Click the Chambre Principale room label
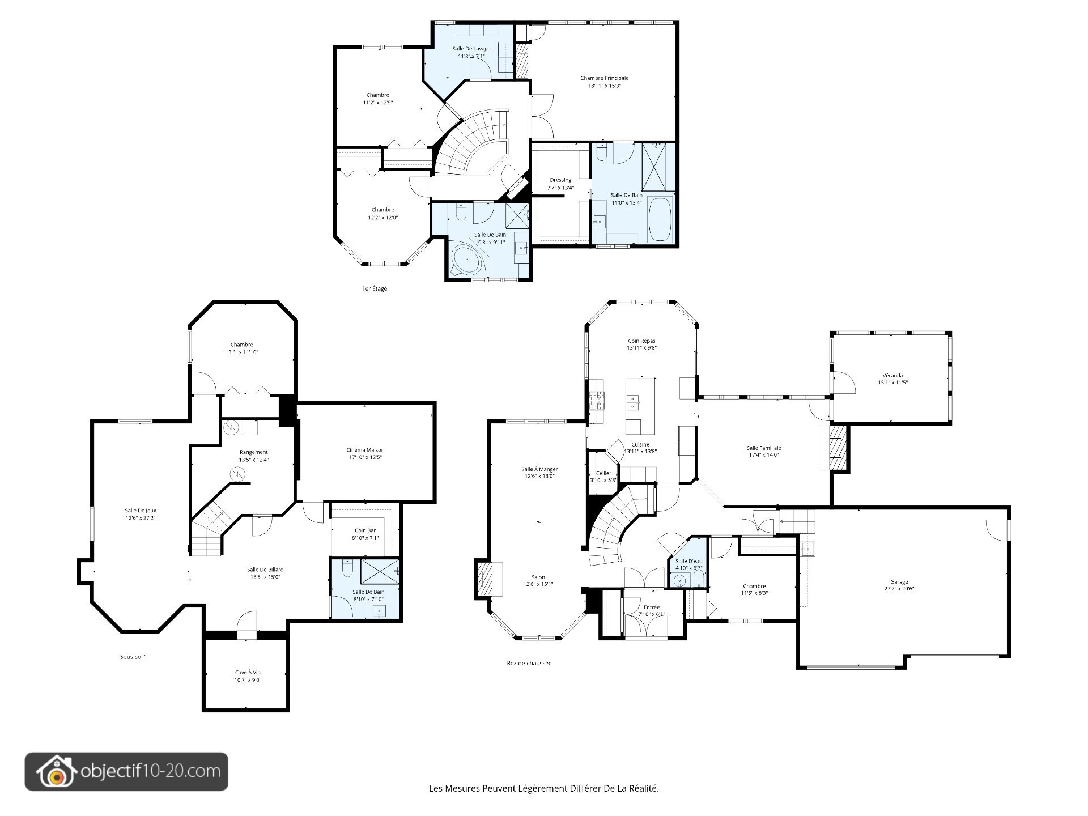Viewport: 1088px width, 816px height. coord(604,78)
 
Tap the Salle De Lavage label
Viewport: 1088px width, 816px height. coord(471,49)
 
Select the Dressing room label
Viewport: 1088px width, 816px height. coord(560,180)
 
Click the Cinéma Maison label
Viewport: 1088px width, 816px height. coord(365,450)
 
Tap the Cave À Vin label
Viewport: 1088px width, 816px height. coord(248,673)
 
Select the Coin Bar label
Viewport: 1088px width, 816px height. coord(365,531)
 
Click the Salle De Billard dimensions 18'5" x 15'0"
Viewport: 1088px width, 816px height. coord(265,577)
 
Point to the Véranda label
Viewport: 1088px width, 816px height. coord(892,375)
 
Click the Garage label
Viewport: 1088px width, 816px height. coord(899,582)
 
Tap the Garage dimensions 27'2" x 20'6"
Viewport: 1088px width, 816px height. coord(899,589)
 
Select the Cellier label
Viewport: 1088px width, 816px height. coord(603,473)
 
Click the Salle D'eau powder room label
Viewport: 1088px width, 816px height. coord(688,561)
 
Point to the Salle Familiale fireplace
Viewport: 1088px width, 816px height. coord(838,447)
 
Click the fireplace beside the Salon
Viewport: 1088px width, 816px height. coord(484,579)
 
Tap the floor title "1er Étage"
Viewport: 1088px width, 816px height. coord(375,289)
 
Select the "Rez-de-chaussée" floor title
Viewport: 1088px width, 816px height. coord(529,663)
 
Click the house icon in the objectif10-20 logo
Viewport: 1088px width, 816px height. coord(57,772)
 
